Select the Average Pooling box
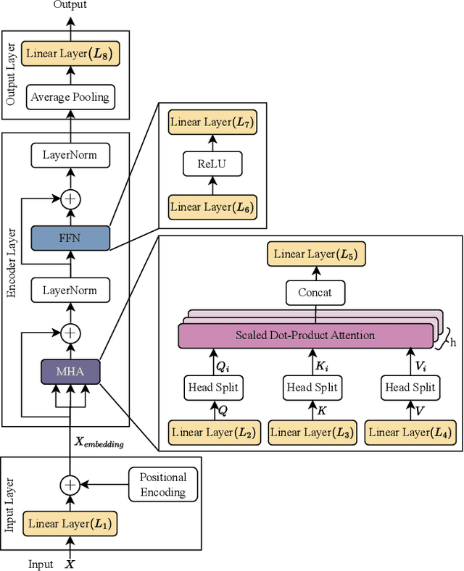[x=70, y=96]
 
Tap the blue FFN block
[x=70, y=237]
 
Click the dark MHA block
[x=70, y=372]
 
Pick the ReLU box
[x=212, y=164]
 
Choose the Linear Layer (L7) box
[x=212, y=122]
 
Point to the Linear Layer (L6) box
[x=212, y=207]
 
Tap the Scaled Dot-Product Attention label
[x=304, y=335]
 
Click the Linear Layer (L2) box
[x=212, y=433]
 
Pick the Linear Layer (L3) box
[x=312, y=433]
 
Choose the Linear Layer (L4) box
[x=410, y=433]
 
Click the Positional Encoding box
[x=162, y=485]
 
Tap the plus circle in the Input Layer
[x=70, y=484]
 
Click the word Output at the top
[x=70, y=5]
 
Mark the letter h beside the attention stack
[x=452, y=343]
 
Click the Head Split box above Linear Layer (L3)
[x=312, y=387]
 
